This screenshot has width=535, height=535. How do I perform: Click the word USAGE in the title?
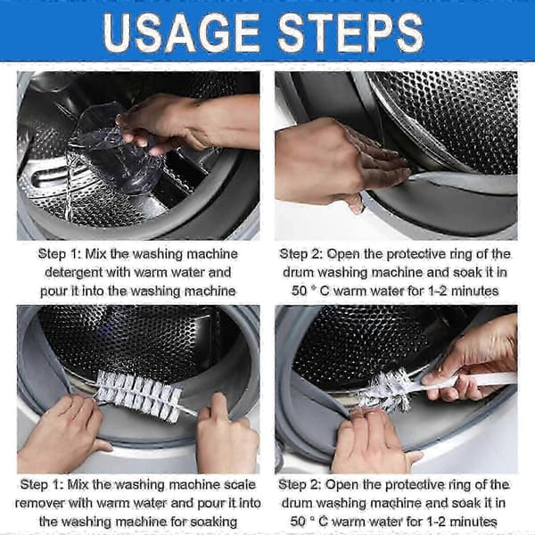(181, 33)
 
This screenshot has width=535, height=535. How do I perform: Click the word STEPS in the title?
(351, 33)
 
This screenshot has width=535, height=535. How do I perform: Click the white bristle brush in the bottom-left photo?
(141, 396)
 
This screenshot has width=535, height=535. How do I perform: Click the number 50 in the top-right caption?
(300, 291)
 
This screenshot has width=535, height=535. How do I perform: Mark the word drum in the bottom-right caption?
(297, 503)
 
